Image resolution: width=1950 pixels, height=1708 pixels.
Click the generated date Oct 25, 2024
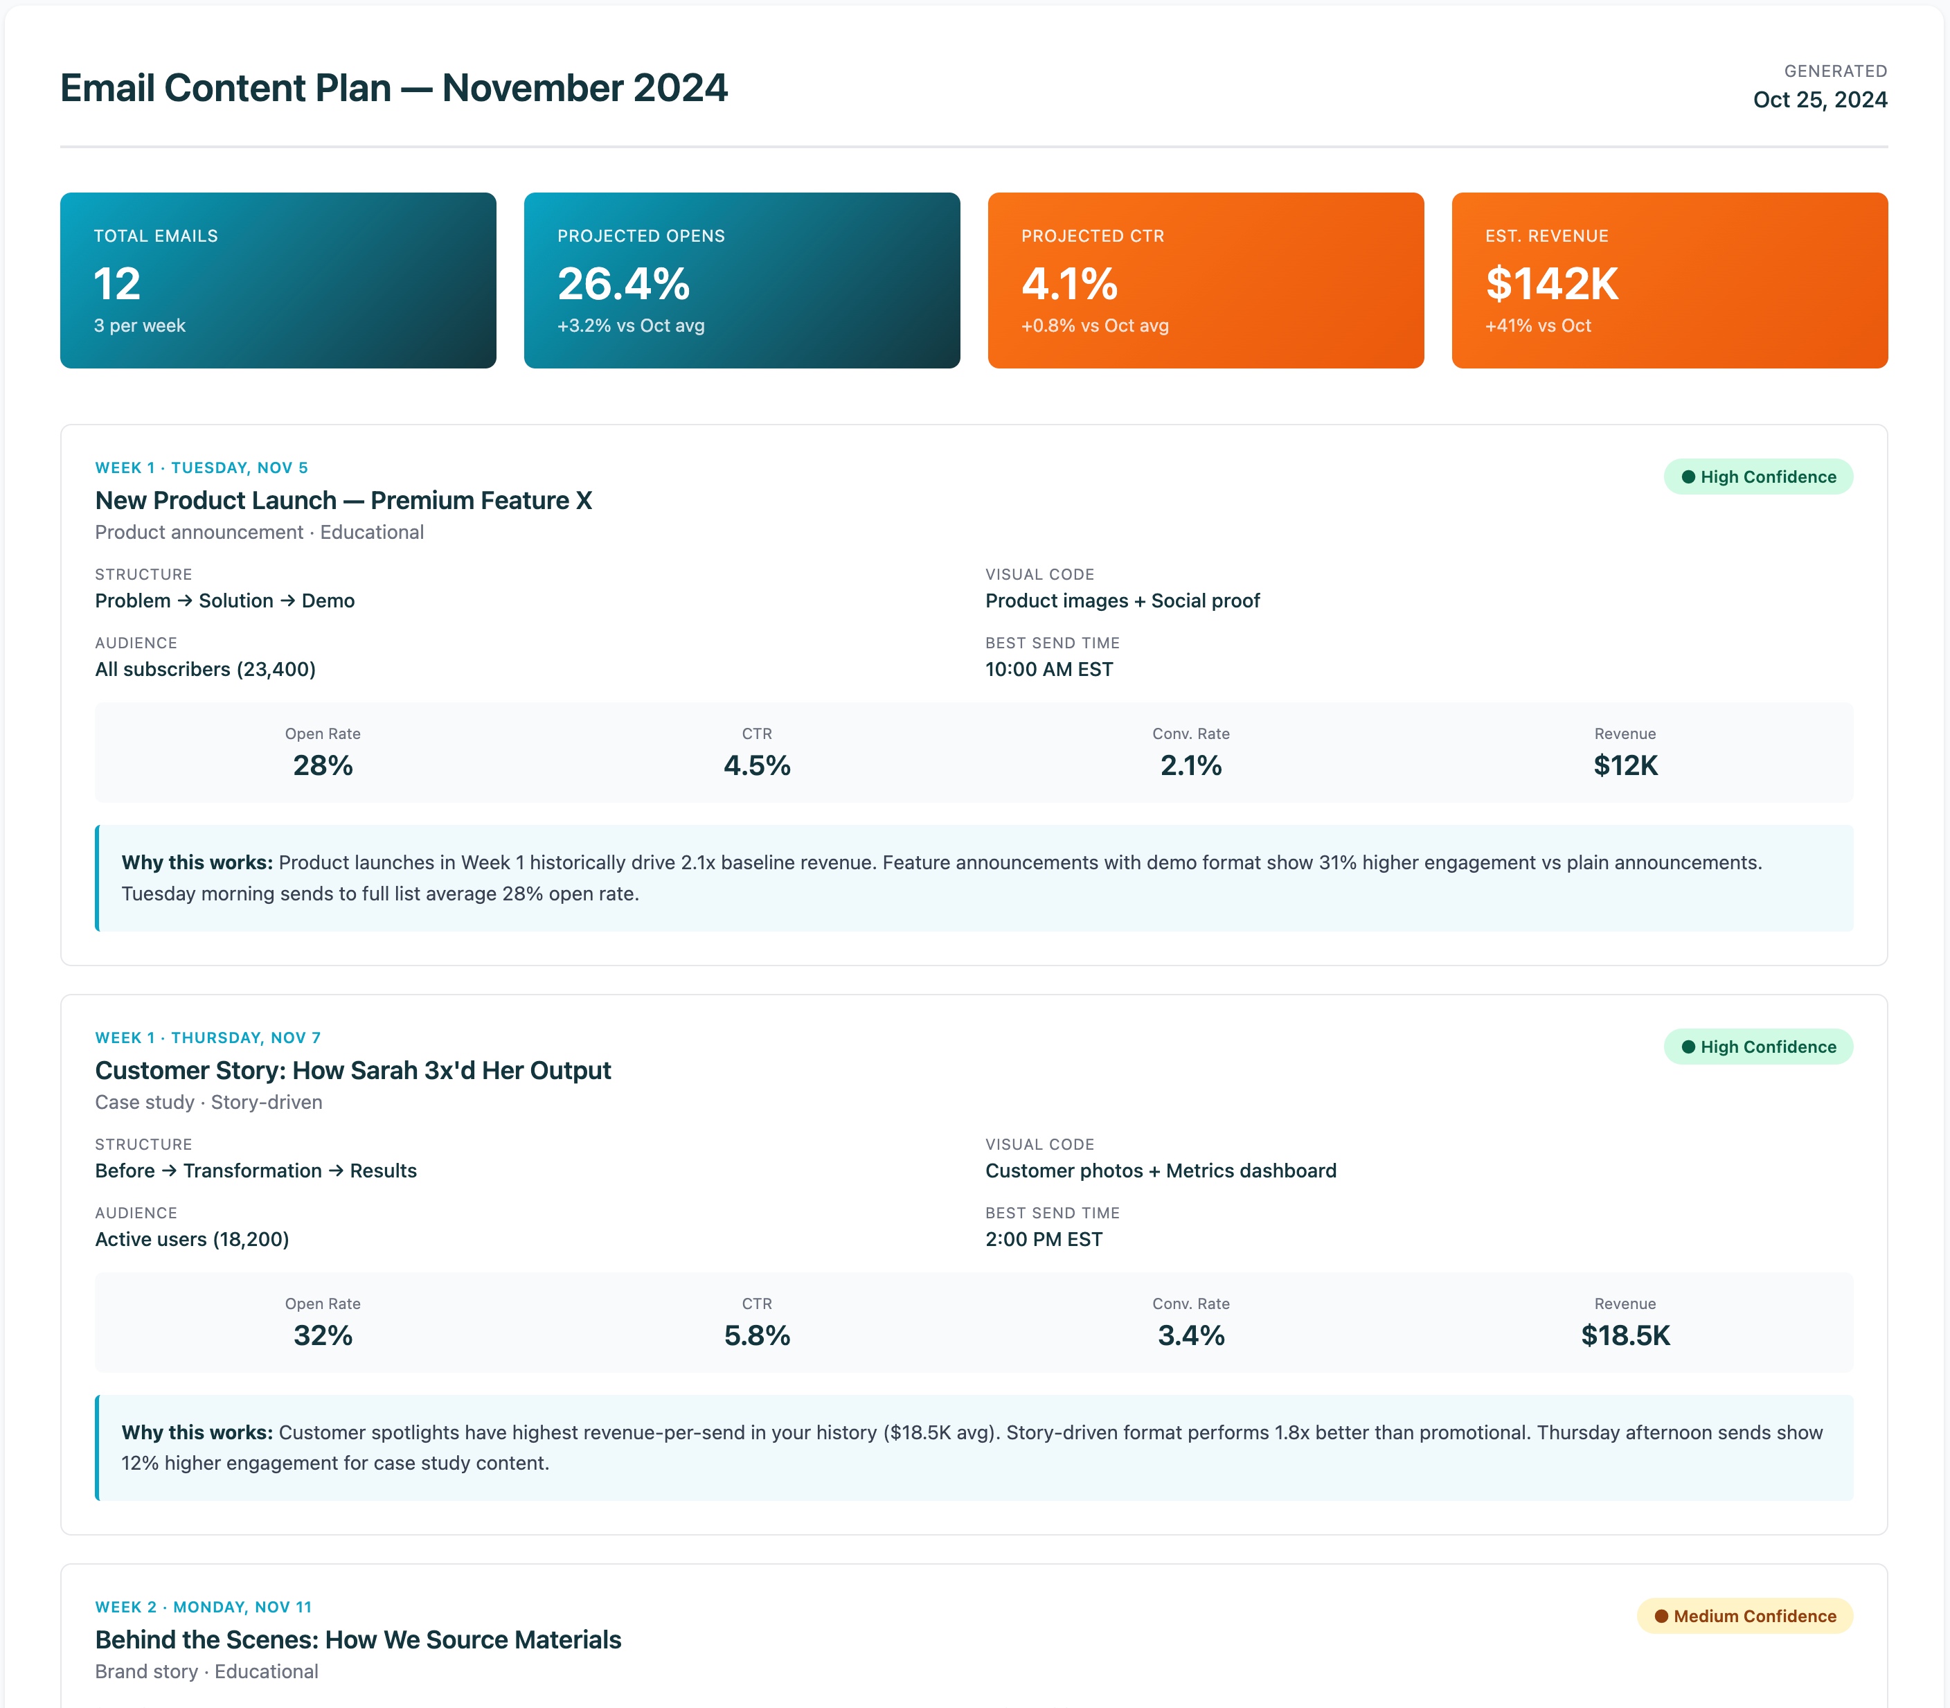pos(1818,100)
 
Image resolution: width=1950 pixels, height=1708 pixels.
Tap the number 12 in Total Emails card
pos(117,284)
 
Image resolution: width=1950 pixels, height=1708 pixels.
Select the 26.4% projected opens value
pos(623,284)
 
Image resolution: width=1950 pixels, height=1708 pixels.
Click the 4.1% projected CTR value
pos(1068,284)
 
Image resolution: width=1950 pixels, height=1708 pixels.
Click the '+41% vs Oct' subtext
pos(1537,326)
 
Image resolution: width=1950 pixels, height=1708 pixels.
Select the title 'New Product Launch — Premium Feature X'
pos(343,500)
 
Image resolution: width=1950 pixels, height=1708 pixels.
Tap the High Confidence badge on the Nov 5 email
pos(1757,477)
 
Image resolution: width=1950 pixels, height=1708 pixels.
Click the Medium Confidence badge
pos(1744,1616)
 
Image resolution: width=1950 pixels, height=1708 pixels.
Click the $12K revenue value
pos(1625,765)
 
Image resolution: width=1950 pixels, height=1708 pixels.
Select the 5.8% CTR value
pos(757,1335)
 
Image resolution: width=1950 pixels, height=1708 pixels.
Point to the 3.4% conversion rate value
pos(1190,1335)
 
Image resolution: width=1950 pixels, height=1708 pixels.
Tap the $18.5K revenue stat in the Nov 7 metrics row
pos(1625,1335)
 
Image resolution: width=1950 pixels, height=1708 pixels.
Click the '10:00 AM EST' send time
pos(1048,669)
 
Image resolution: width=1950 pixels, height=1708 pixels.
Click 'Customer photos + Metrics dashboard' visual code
pos(1160,1171)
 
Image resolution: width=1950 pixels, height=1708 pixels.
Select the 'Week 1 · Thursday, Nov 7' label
pos(208,1037)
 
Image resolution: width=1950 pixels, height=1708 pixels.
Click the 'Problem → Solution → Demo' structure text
pos(225,601)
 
